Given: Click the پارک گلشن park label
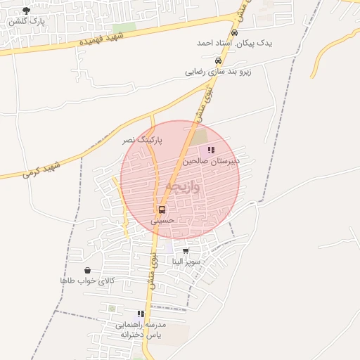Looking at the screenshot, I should point(27,22).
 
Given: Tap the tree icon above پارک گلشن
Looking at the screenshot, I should point(27,11).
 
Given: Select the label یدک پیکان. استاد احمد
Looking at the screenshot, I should point(233,44).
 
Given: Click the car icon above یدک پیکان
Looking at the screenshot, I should point(234,33).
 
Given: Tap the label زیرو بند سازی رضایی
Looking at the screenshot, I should point(217,71).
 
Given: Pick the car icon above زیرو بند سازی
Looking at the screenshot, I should point(217,60).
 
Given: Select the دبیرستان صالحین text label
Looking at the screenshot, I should point(211,160).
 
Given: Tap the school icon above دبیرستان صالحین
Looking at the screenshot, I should point(211,150).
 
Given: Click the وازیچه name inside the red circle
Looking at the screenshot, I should point(182,187).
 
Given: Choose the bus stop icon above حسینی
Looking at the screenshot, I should point(162,210).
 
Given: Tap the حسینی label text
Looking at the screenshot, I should point(162,221).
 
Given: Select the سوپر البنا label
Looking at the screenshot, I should point(186,262).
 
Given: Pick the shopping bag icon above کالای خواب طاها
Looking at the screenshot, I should point(87,271).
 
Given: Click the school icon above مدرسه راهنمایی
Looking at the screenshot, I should point(141,314).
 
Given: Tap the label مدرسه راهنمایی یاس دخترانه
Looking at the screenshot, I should point(141,329).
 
